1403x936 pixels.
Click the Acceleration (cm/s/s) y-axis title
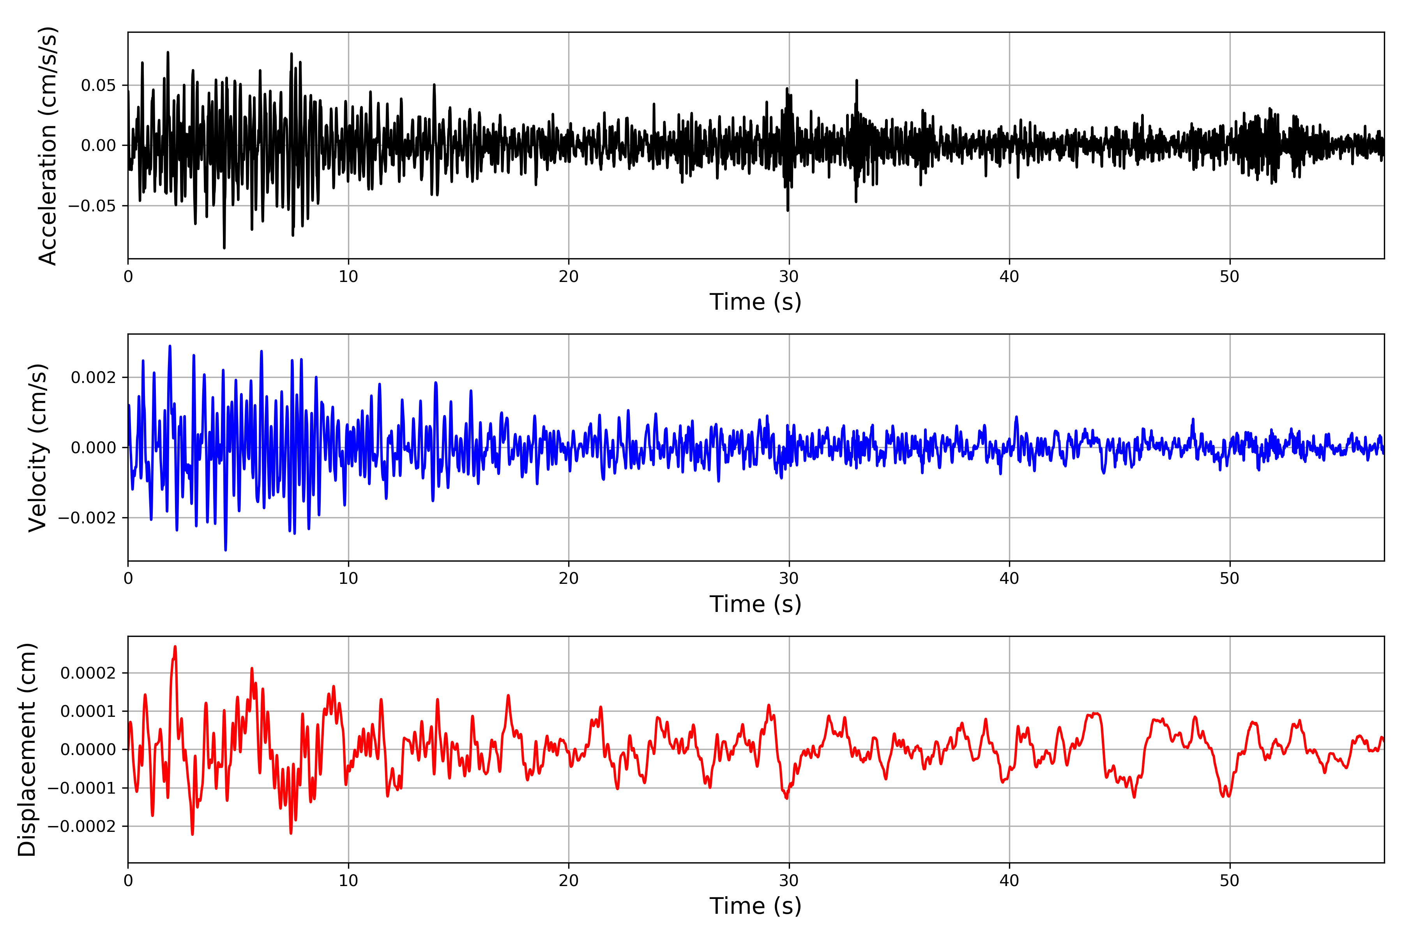tap(48, 145)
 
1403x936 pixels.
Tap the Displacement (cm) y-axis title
tap(27, 749)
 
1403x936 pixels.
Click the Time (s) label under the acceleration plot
tap(755, 302)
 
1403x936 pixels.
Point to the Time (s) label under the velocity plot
tap(755, 604)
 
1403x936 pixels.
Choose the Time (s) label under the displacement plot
tap(755, 906)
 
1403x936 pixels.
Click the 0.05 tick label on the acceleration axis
tap(99, 85)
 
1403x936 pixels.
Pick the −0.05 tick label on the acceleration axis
tap(92, 206)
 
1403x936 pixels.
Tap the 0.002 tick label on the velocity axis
tap(93, 377)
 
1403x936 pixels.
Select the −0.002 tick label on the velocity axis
tap(87, 518)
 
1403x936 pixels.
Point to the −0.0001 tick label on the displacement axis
tap(82, 788)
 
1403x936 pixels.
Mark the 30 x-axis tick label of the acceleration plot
tap(788, 277)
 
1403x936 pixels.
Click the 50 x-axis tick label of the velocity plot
tap(1230, 578)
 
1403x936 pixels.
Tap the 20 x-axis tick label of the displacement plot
tap(569, 881)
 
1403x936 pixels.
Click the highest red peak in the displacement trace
tap(175, 647)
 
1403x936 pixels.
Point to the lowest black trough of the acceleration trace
tap(224, 247)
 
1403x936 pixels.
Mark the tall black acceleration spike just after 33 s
tap(857, 81)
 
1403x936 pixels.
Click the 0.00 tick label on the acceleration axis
tap(99, 145)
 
